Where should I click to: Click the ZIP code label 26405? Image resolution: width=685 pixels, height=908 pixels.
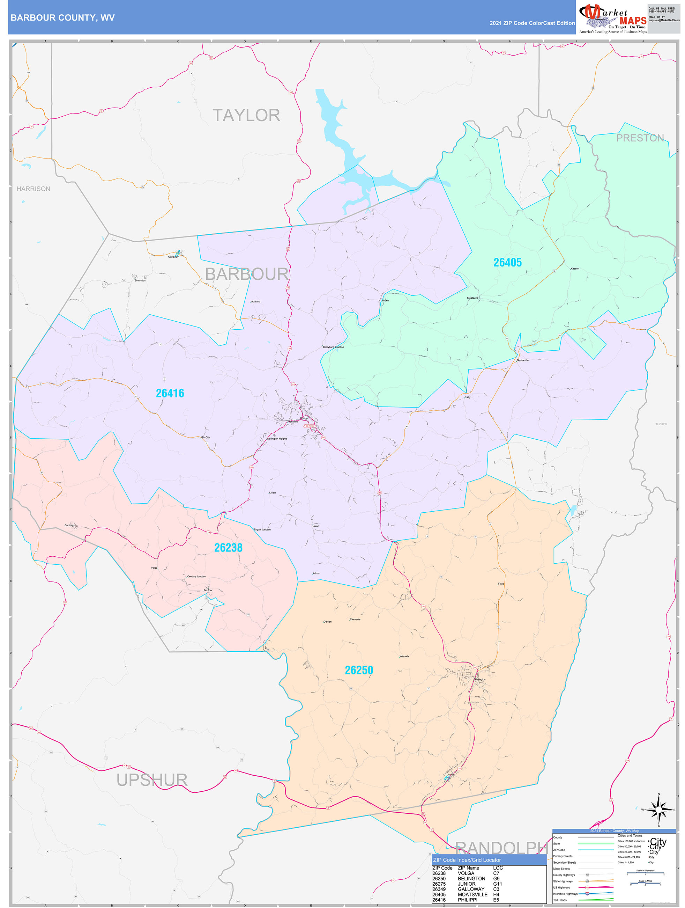click(x=507, y=263)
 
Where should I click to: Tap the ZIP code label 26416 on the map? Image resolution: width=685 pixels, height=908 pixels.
click(x=170, y=393)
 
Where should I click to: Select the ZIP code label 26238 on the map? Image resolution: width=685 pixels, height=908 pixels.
click(x=228, y=548)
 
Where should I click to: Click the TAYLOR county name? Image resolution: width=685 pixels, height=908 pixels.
click(x=246, y=115)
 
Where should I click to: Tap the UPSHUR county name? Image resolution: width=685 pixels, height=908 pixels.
click(x=152, y=780)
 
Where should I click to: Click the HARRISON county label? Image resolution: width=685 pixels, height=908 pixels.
click(x=33, y=189)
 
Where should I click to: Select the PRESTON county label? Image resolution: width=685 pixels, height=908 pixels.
click(x=640, y=138)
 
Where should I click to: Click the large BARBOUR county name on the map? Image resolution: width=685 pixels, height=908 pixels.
click(x=246, y=274)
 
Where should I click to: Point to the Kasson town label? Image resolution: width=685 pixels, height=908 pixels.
click(x=575, y=269)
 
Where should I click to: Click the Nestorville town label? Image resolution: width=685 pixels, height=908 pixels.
click(x=523, y=360)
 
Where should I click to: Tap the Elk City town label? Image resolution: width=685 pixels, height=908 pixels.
click(x=206, y=437)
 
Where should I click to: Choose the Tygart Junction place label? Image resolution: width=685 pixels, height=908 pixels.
click(x=262, y=529)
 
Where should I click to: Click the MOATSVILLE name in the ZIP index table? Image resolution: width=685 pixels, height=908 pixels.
click(x=472, y=894)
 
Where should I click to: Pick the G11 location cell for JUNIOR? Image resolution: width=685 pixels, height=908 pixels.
click(x=497, y=884)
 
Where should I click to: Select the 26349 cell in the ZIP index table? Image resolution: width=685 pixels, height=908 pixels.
click(x=439, y=889)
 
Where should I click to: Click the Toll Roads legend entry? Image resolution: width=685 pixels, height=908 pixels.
click(x=560, y=900)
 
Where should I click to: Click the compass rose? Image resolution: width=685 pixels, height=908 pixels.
click(x=658, y=810)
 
